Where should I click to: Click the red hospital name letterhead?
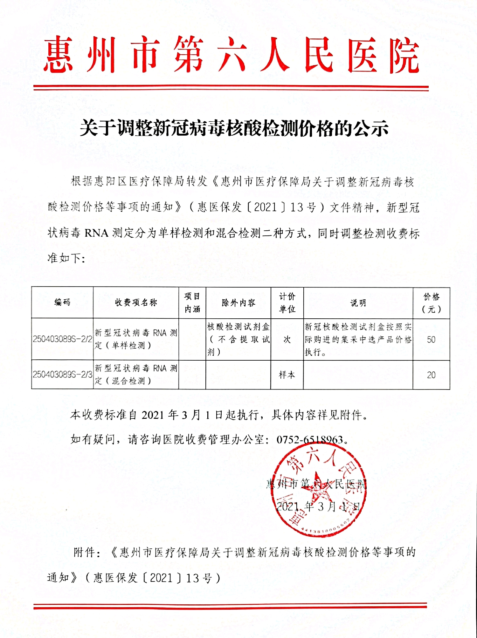point(231,55)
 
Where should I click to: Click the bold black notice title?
point(234,128)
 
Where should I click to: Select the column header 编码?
point(62,302)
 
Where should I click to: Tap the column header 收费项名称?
point(136,302)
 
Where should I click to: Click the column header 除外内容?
point(238,303)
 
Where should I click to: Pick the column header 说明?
point(358,303)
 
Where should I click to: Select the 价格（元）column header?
point(431,303)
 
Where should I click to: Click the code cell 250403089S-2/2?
point(62,339)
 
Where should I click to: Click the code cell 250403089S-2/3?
point(62,374)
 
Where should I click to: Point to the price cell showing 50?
point(431,339)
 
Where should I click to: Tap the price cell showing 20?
point(431,375)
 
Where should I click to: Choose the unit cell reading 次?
point(287,339)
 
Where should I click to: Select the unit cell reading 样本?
point(287,375)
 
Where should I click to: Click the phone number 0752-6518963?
point(310,439)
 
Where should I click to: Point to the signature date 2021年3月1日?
point(318,506)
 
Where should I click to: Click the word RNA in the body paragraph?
point(97,233)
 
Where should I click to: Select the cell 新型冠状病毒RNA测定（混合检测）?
point(136,374)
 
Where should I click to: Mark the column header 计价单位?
point(287,303)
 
